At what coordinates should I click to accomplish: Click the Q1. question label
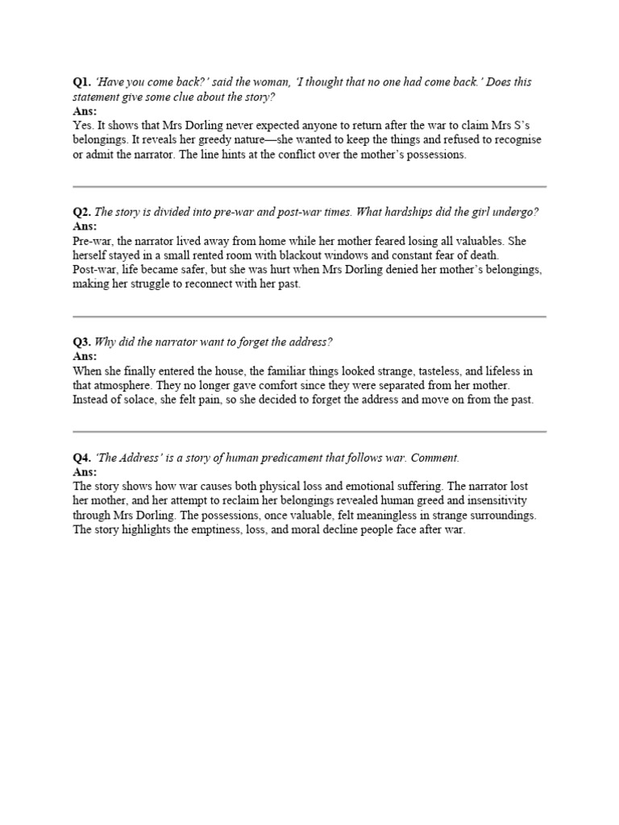click(x=81, y=82)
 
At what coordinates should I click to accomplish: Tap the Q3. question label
click(x=81, y=342)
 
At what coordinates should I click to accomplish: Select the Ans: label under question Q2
click(x=85, y=226)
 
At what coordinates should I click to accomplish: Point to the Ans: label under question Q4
click(x=85, y=472)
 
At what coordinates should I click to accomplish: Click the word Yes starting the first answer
click(x=82, y=126)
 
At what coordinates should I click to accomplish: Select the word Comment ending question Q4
click(x=434, y=458)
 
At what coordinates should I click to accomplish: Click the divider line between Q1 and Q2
click(x=309, y=186)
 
